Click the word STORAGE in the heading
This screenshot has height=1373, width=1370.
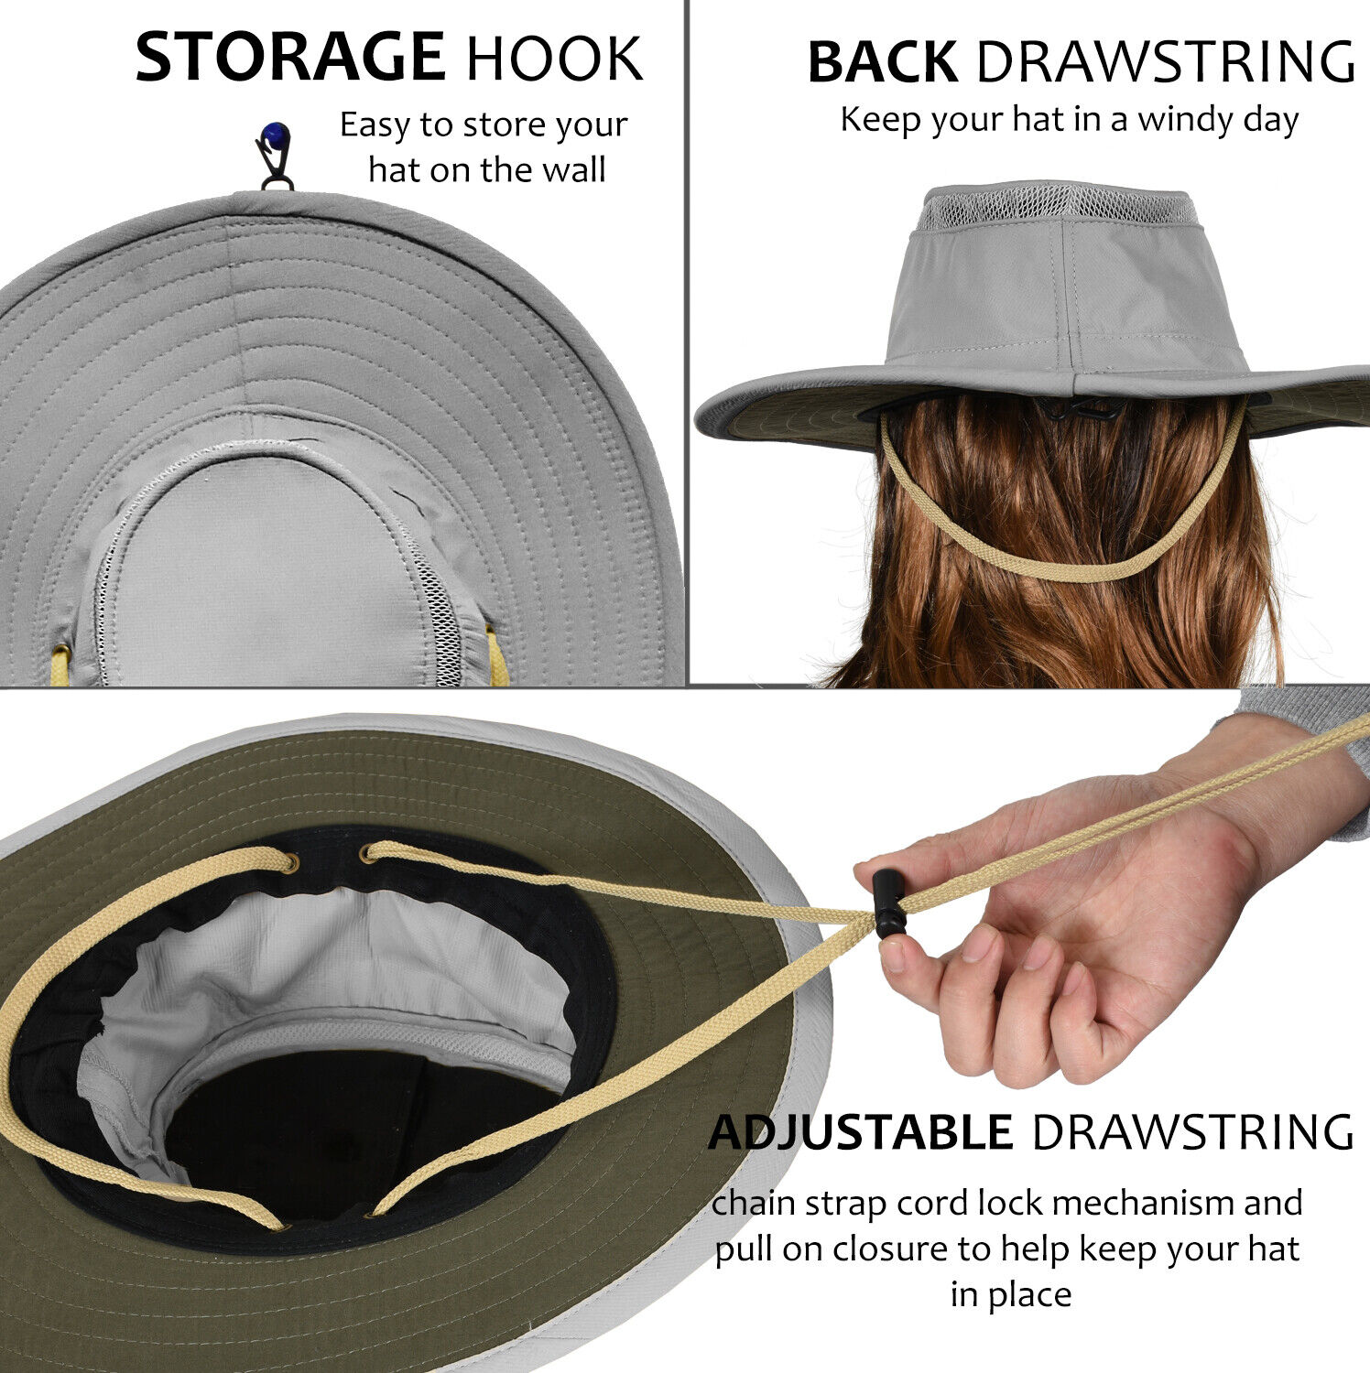289,58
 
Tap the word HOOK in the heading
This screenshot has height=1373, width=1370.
554,59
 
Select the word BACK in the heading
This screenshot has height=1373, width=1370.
882,63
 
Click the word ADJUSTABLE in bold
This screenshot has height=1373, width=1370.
860,1132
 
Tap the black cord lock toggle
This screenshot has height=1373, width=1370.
886,904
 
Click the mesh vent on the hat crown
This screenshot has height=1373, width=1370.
1057,207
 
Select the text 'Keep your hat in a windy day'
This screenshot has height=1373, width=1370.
1069,120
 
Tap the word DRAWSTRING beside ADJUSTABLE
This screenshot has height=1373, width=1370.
1192,1132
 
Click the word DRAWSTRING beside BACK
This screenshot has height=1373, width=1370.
1165,63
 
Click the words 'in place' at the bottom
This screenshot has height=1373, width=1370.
1010,1295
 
